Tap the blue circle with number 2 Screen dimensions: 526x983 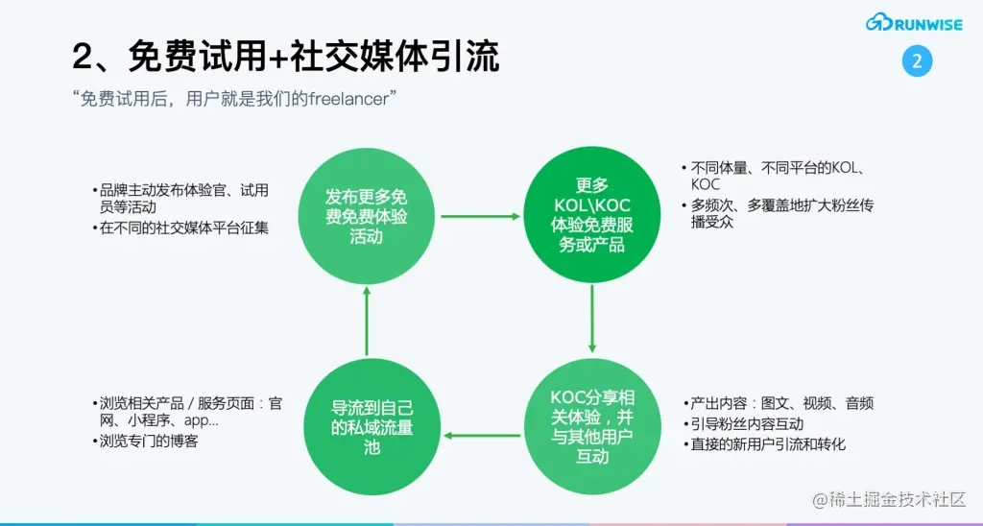pyautogui.click(x=917, y=62)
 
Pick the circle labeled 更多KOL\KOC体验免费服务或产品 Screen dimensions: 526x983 pyautogui.click(x=592, y=215)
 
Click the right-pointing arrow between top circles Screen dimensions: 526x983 pyautogui.click(x=479, y=216)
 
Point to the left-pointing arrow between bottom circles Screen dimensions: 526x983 pyautogui.click(x=479, y=437)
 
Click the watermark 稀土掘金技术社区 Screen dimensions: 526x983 pyautogui.click(x=890, y=499)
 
